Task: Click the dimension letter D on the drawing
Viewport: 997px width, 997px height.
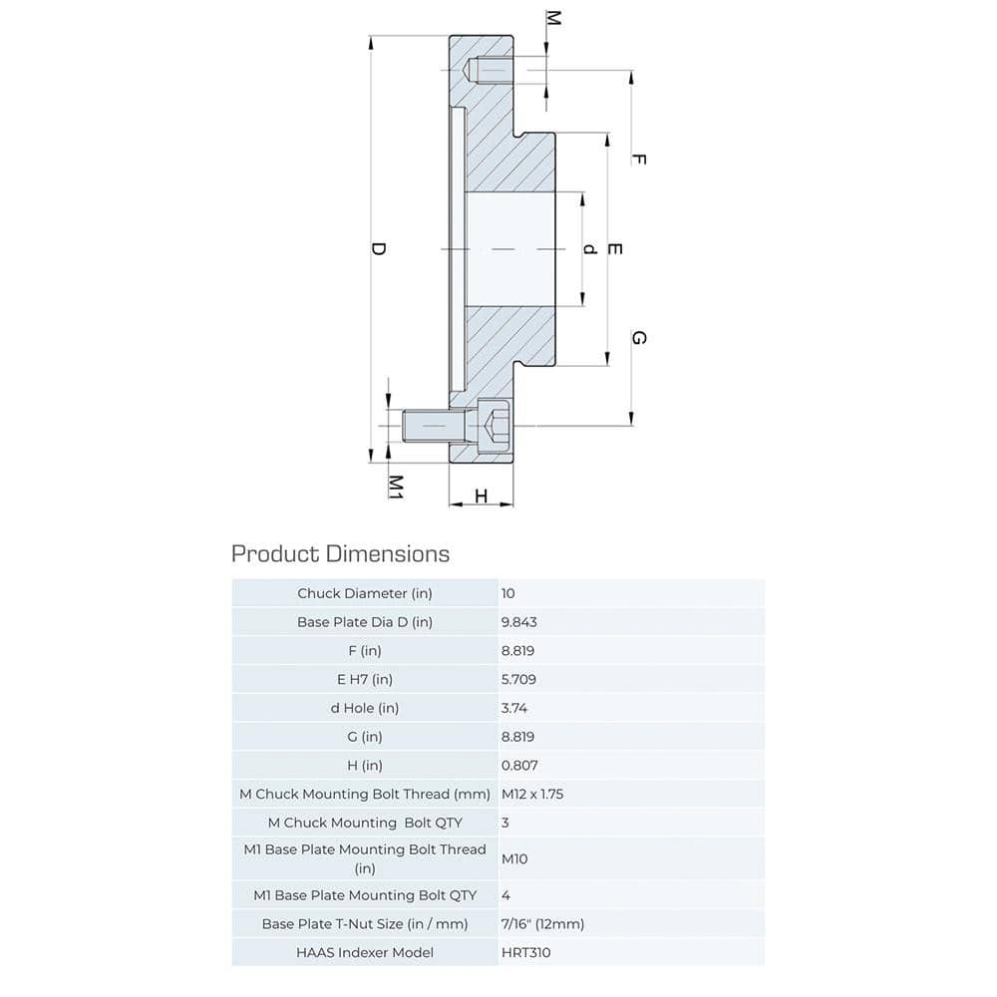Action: point(378,249)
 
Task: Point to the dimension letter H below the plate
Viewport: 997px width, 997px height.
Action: point(481,496)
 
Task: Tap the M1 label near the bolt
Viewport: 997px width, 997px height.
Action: point(395,486)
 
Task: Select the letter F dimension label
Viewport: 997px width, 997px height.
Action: point(639,159)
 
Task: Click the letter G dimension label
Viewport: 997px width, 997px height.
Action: point(639,338)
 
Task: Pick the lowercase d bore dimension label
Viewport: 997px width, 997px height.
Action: point(589,248)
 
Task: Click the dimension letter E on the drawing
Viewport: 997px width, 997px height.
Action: point(614,248)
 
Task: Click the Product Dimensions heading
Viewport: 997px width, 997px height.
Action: point(340,553)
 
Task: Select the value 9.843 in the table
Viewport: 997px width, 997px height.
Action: point(519,621)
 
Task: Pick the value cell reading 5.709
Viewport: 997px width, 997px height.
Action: point(519,679)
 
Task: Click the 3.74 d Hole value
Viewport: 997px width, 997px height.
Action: point(514,708)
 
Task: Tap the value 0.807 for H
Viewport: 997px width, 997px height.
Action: point(519,766)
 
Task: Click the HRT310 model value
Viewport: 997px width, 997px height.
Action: point(525,952)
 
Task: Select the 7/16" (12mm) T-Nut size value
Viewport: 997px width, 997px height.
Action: point(542,923)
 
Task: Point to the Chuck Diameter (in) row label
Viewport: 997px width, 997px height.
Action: point(366,593)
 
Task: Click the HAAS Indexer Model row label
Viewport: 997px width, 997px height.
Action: point(365,952)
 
